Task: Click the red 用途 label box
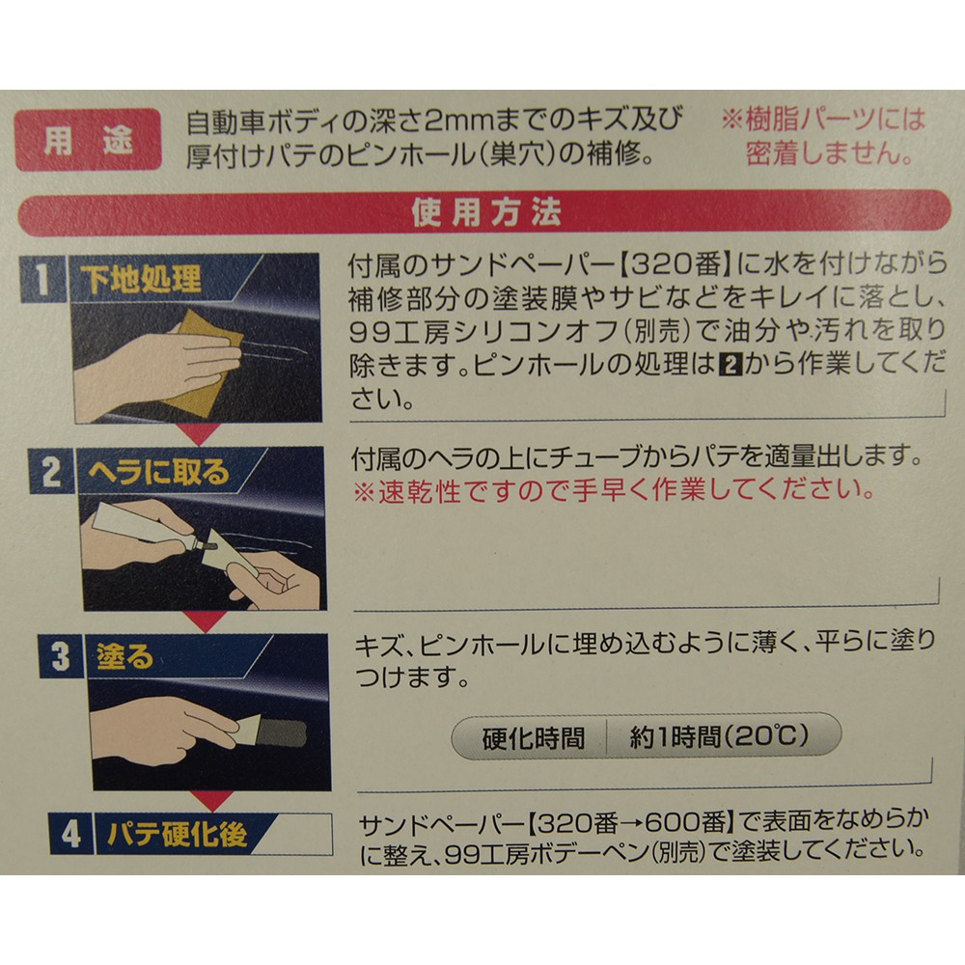coord(88,140)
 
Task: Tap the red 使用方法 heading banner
coord(484,213)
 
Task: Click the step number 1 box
coord(43,279)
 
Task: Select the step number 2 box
coord(52,471)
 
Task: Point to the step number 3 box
coord(61,656)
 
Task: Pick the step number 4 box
coord(70,834)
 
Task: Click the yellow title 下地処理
coord(140,279)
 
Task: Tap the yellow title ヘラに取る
coord(158,472)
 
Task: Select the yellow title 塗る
coord(124,656)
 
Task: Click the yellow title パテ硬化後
coord(178,834)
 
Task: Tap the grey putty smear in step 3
coord(281,733)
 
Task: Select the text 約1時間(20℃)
coord(719,736)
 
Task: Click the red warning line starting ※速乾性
coord(614,491)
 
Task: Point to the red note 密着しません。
coord(830,152)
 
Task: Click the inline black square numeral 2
coord(731,366)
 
